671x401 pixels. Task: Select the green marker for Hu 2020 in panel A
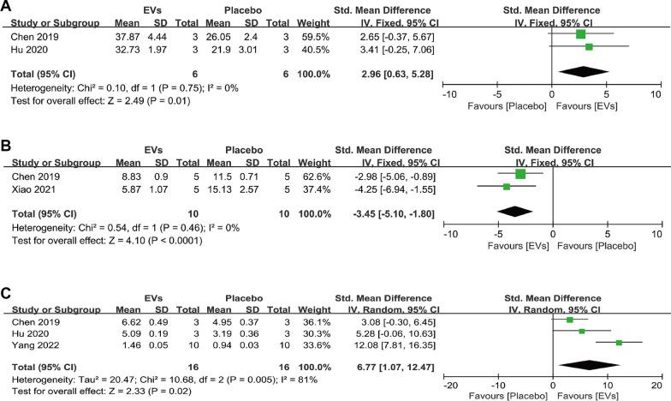click(589, 47)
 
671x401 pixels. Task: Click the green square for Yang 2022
click(619, 343)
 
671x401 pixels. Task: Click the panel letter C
click(6, 290)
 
